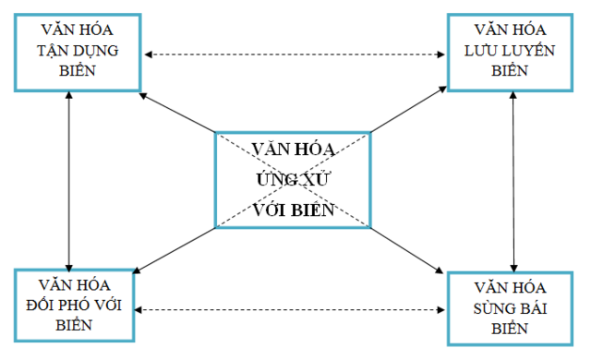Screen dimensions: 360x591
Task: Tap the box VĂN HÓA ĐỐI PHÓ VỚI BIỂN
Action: click(x=68, y=306)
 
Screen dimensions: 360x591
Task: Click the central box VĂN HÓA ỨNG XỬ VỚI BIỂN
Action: click(x=294, y=179)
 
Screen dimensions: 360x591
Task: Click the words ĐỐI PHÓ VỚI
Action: click(x=68, y=306)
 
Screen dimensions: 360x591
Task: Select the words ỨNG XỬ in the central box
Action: click(x=294, y=179)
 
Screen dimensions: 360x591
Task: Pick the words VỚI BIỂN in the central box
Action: click(x=294, y=209)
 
